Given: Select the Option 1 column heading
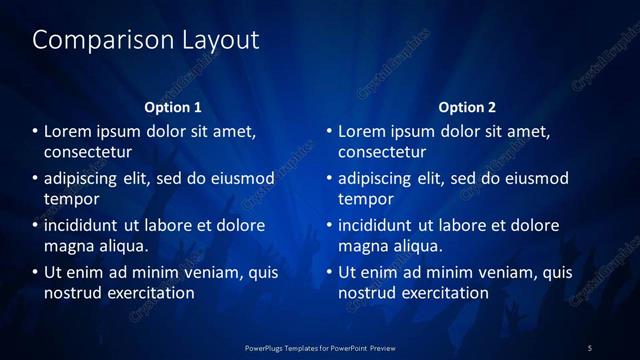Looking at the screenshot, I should (x=173, y=107).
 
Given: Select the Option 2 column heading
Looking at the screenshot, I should (x=467, y=107).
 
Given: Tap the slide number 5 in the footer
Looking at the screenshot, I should (x=590, y=347).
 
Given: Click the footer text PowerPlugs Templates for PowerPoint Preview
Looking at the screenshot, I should (x=319, y=347).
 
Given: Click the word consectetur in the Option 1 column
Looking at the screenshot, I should (x=88, y=153).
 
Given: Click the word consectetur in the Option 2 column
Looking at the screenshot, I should (x=382, y=153).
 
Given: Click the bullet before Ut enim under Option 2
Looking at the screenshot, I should (x=330, y=272).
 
